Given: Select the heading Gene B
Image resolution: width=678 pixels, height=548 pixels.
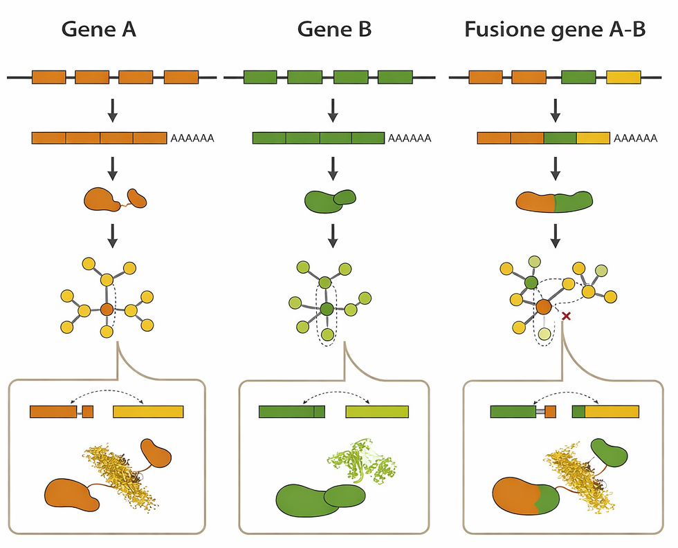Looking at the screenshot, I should [x=334, y=30].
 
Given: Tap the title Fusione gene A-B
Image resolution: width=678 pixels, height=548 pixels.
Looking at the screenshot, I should [x=556, y=30].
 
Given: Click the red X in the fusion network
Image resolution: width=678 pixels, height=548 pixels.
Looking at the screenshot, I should [x=566, y=316].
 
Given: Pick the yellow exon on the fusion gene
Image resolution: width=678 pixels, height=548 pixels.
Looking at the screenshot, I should [x=623, y=77].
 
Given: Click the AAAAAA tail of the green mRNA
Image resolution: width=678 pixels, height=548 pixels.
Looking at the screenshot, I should [x=410, y=138].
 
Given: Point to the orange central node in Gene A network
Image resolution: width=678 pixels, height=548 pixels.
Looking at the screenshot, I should [x=106, y=310].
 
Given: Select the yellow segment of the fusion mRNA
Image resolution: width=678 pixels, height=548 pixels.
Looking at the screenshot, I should [x=593, y=138].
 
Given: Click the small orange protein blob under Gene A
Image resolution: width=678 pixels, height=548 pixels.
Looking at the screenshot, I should [x=137, y=198].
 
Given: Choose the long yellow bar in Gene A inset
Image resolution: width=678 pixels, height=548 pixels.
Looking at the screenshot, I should [x=148, y=412].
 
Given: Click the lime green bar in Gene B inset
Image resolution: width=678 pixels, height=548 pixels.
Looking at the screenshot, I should [x=376, y=412].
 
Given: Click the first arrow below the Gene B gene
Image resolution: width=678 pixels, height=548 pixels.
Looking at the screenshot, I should [x=333, y=108].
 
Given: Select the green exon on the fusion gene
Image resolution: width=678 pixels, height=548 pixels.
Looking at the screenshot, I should [x=578, y=77].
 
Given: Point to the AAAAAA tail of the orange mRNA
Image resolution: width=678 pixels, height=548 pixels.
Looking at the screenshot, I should [x=192, y=138].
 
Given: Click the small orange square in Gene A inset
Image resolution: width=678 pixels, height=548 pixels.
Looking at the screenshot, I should [x=87, y=412].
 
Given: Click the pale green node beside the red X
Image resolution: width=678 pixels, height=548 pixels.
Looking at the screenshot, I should [x=545, y=334].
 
